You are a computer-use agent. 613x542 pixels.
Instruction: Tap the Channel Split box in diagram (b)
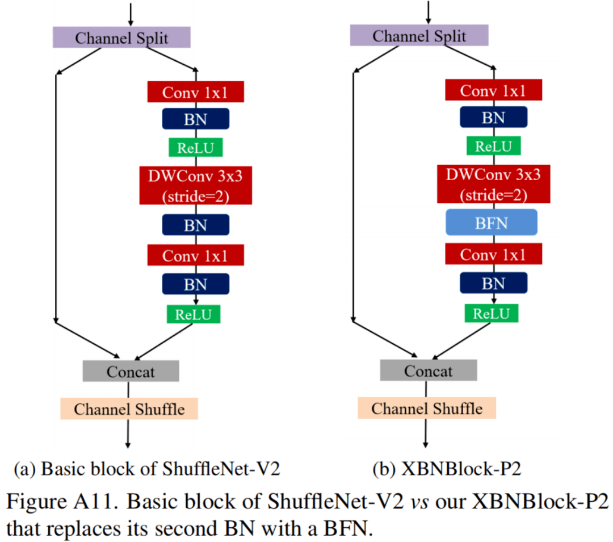pos(419,36)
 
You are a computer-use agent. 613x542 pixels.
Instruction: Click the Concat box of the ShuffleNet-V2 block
pos(131,372)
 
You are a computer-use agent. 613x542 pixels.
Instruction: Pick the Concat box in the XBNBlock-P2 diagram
pos(429,371)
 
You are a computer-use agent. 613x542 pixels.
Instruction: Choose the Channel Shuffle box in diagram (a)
pos(129,409)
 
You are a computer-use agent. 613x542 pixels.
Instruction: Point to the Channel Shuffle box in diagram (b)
pos(427,408)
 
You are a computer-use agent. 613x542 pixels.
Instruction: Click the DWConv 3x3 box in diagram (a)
pos(195,186)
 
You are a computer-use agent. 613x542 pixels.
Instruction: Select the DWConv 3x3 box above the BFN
pos(493,185)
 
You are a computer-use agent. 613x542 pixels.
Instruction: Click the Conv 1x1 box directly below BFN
pos(493,255)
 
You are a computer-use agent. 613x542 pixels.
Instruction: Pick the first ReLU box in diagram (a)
pos(195,148)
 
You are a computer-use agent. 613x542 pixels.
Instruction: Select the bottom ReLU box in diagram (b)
pos(492,313)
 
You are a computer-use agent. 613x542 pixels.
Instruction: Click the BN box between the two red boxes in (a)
pos(195,225)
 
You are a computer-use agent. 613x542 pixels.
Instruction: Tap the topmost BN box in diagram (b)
pos(493,118)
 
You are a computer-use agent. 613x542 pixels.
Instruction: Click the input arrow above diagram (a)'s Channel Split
pos(130,12)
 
